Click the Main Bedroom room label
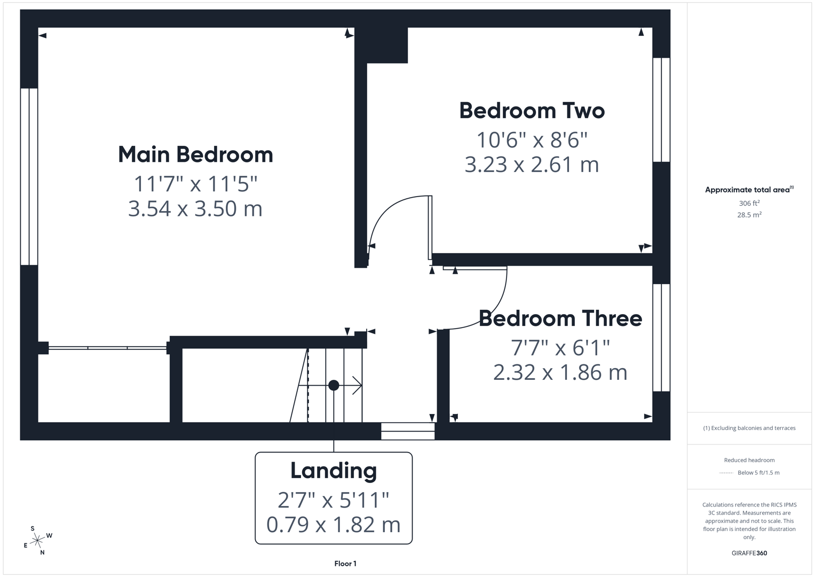click(x=195, y=155)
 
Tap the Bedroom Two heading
click(x=532, y=111)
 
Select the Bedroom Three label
click(x=560, y=318)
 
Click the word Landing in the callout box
click(x=334, y=471)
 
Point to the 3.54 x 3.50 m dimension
click(x=195, y=209)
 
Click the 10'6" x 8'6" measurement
click(x=532, y=140)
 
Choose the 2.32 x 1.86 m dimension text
click(x=560, y=372)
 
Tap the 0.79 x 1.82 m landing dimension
click(x=334, y=525)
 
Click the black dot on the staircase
click(x=334, y=385)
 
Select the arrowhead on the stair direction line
click(x=358, y=385)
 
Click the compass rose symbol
click(x=37, y=541)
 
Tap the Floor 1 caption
click(x=345, y=564)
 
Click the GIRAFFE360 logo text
click(x=749, y=553)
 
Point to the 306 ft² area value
click(x=749, y=203)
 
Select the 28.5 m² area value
click(x=749, y=215)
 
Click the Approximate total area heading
click(x=749, y=190)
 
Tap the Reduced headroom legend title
click(x=749, y=460)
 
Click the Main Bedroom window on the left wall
click(x=29, y=177)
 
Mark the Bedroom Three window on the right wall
click(x=661, y=338)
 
